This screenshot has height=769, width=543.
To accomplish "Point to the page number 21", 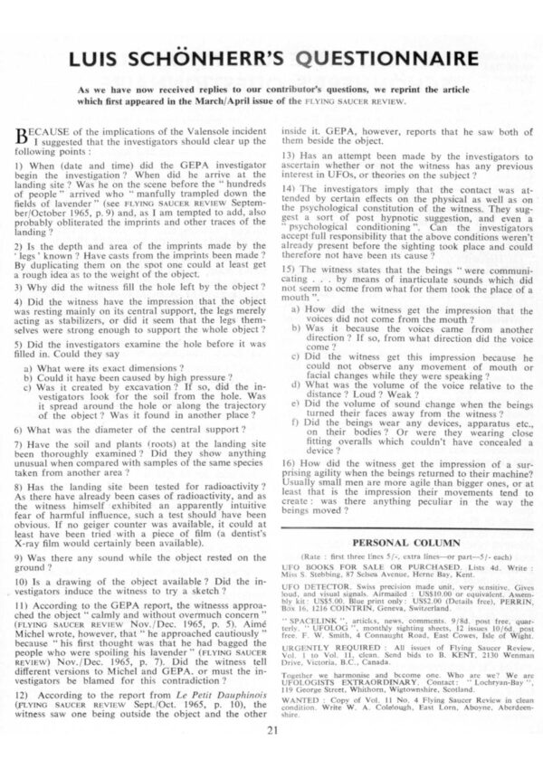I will pyautogui.click(x=272, y=755).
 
